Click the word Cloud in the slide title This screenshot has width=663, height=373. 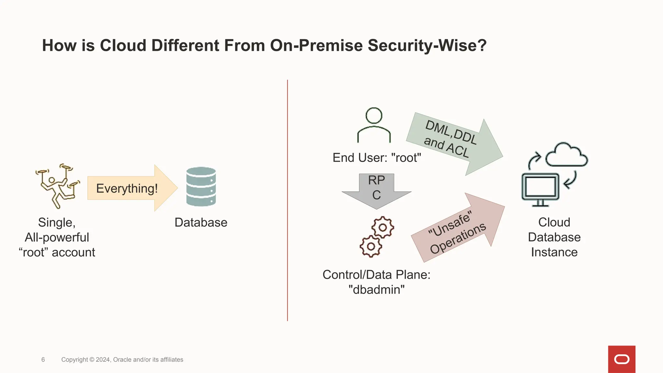tap(123, 45)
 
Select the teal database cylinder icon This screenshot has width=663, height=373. tap(201, 186)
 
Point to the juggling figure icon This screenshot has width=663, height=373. tap(57, 186)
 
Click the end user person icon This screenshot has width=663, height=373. tap(374, 125)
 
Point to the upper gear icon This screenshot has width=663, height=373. tap(383, 227)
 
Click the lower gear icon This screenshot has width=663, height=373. tap(371, 246)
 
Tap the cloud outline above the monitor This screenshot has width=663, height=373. tap(567, 155)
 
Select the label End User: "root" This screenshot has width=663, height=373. tap(377, 158)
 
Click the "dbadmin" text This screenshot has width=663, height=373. tap(376, 289)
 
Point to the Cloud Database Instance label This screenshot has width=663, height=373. tap(554, 237)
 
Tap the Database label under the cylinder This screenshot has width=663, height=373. tap(201, 222)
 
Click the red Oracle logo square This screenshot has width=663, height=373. tap(622, 359)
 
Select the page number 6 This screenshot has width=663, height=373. tap(43, 359)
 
